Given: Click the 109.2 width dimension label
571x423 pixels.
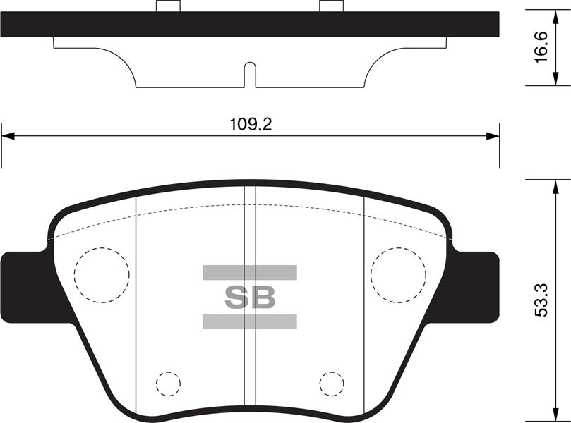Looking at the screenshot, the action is [x=251, y=125].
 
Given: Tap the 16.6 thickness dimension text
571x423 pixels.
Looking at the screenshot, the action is [x=541, y=47].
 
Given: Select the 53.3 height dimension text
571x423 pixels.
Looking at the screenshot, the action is [x=541, y=300].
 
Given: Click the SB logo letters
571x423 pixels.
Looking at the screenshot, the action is [x=250, y=298].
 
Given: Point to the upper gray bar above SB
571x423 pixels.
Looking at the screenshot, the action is [x=250, y=272].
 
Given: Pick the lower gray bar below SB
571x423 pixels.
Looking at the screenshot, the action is [x=250, y=322].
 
